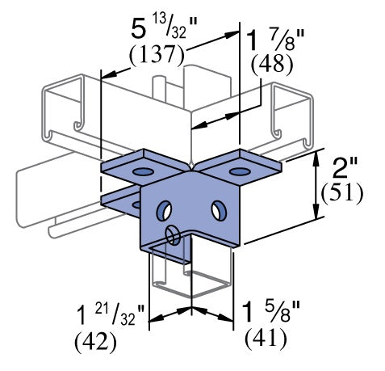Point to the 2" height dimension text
(x=345, y=170)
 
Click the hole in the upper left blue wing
(x=142, y=172)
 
